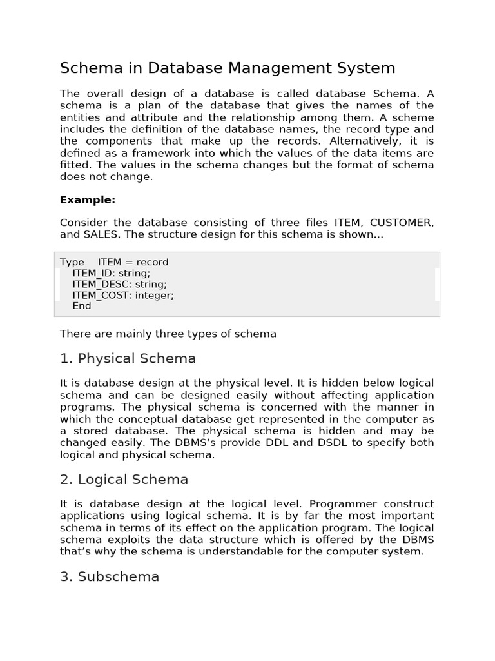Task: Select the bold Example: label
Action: (88, 199)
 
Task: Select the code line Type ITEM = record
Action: (114, 262)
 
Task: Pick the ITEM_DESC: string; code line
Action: (119, 284)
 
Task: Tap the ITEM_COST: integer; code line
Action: (123, 295)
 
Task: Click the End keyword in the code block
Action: (82, 306)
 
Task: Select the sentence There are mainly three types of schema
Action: (168, 334)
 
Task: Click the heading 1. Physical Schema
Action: (128, 358)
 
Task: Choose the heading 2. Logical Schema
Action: (124, 479)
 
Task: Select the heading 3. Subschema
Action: (110, 576)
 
